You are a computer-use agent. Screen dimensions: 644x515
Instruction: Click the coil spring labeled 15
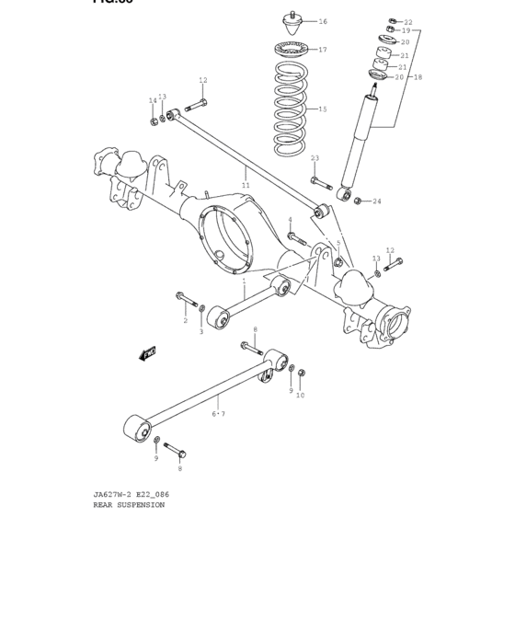point(291,109)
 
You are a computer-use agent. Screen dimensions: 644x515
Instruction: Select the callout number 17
point(322,50)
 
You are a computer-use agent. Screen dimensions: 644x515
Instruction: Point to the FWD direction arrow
point(148,353)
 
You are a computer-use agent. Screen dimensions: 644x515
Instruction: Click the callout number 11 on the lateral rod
point(246,185)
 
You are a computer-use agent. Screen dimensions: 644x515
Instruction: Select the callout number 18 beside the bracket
point(418,77)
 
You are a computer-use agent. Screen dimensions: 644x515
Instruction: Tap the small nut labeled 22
point(393,21)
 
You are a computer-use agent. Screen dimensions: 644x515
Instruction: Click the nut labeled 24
point(357,201)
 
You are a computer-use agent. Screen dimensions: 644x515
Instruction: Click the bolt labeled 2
point(185,299)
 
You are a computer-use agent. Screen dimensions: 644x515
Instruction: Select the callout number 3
point(201,331)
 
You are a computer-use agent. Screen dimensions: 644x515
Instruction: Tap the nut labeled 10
point(302,374)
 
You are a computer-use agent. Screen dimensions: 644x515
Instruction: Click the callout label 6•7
point(218,414)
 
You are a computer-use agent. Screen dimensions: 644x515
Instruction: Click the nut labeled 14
point(154,121)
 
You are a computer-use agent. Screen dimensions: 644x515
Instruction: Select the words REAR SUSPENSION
point(129,505)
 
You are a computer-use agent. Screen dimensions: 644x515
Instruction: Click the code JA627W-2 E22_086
point(131,494)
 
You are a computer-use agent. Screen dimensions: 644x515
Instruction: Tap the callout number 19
point(406,30)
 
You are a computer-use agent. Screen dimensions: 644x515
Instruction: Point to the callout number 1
point(244,281)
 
